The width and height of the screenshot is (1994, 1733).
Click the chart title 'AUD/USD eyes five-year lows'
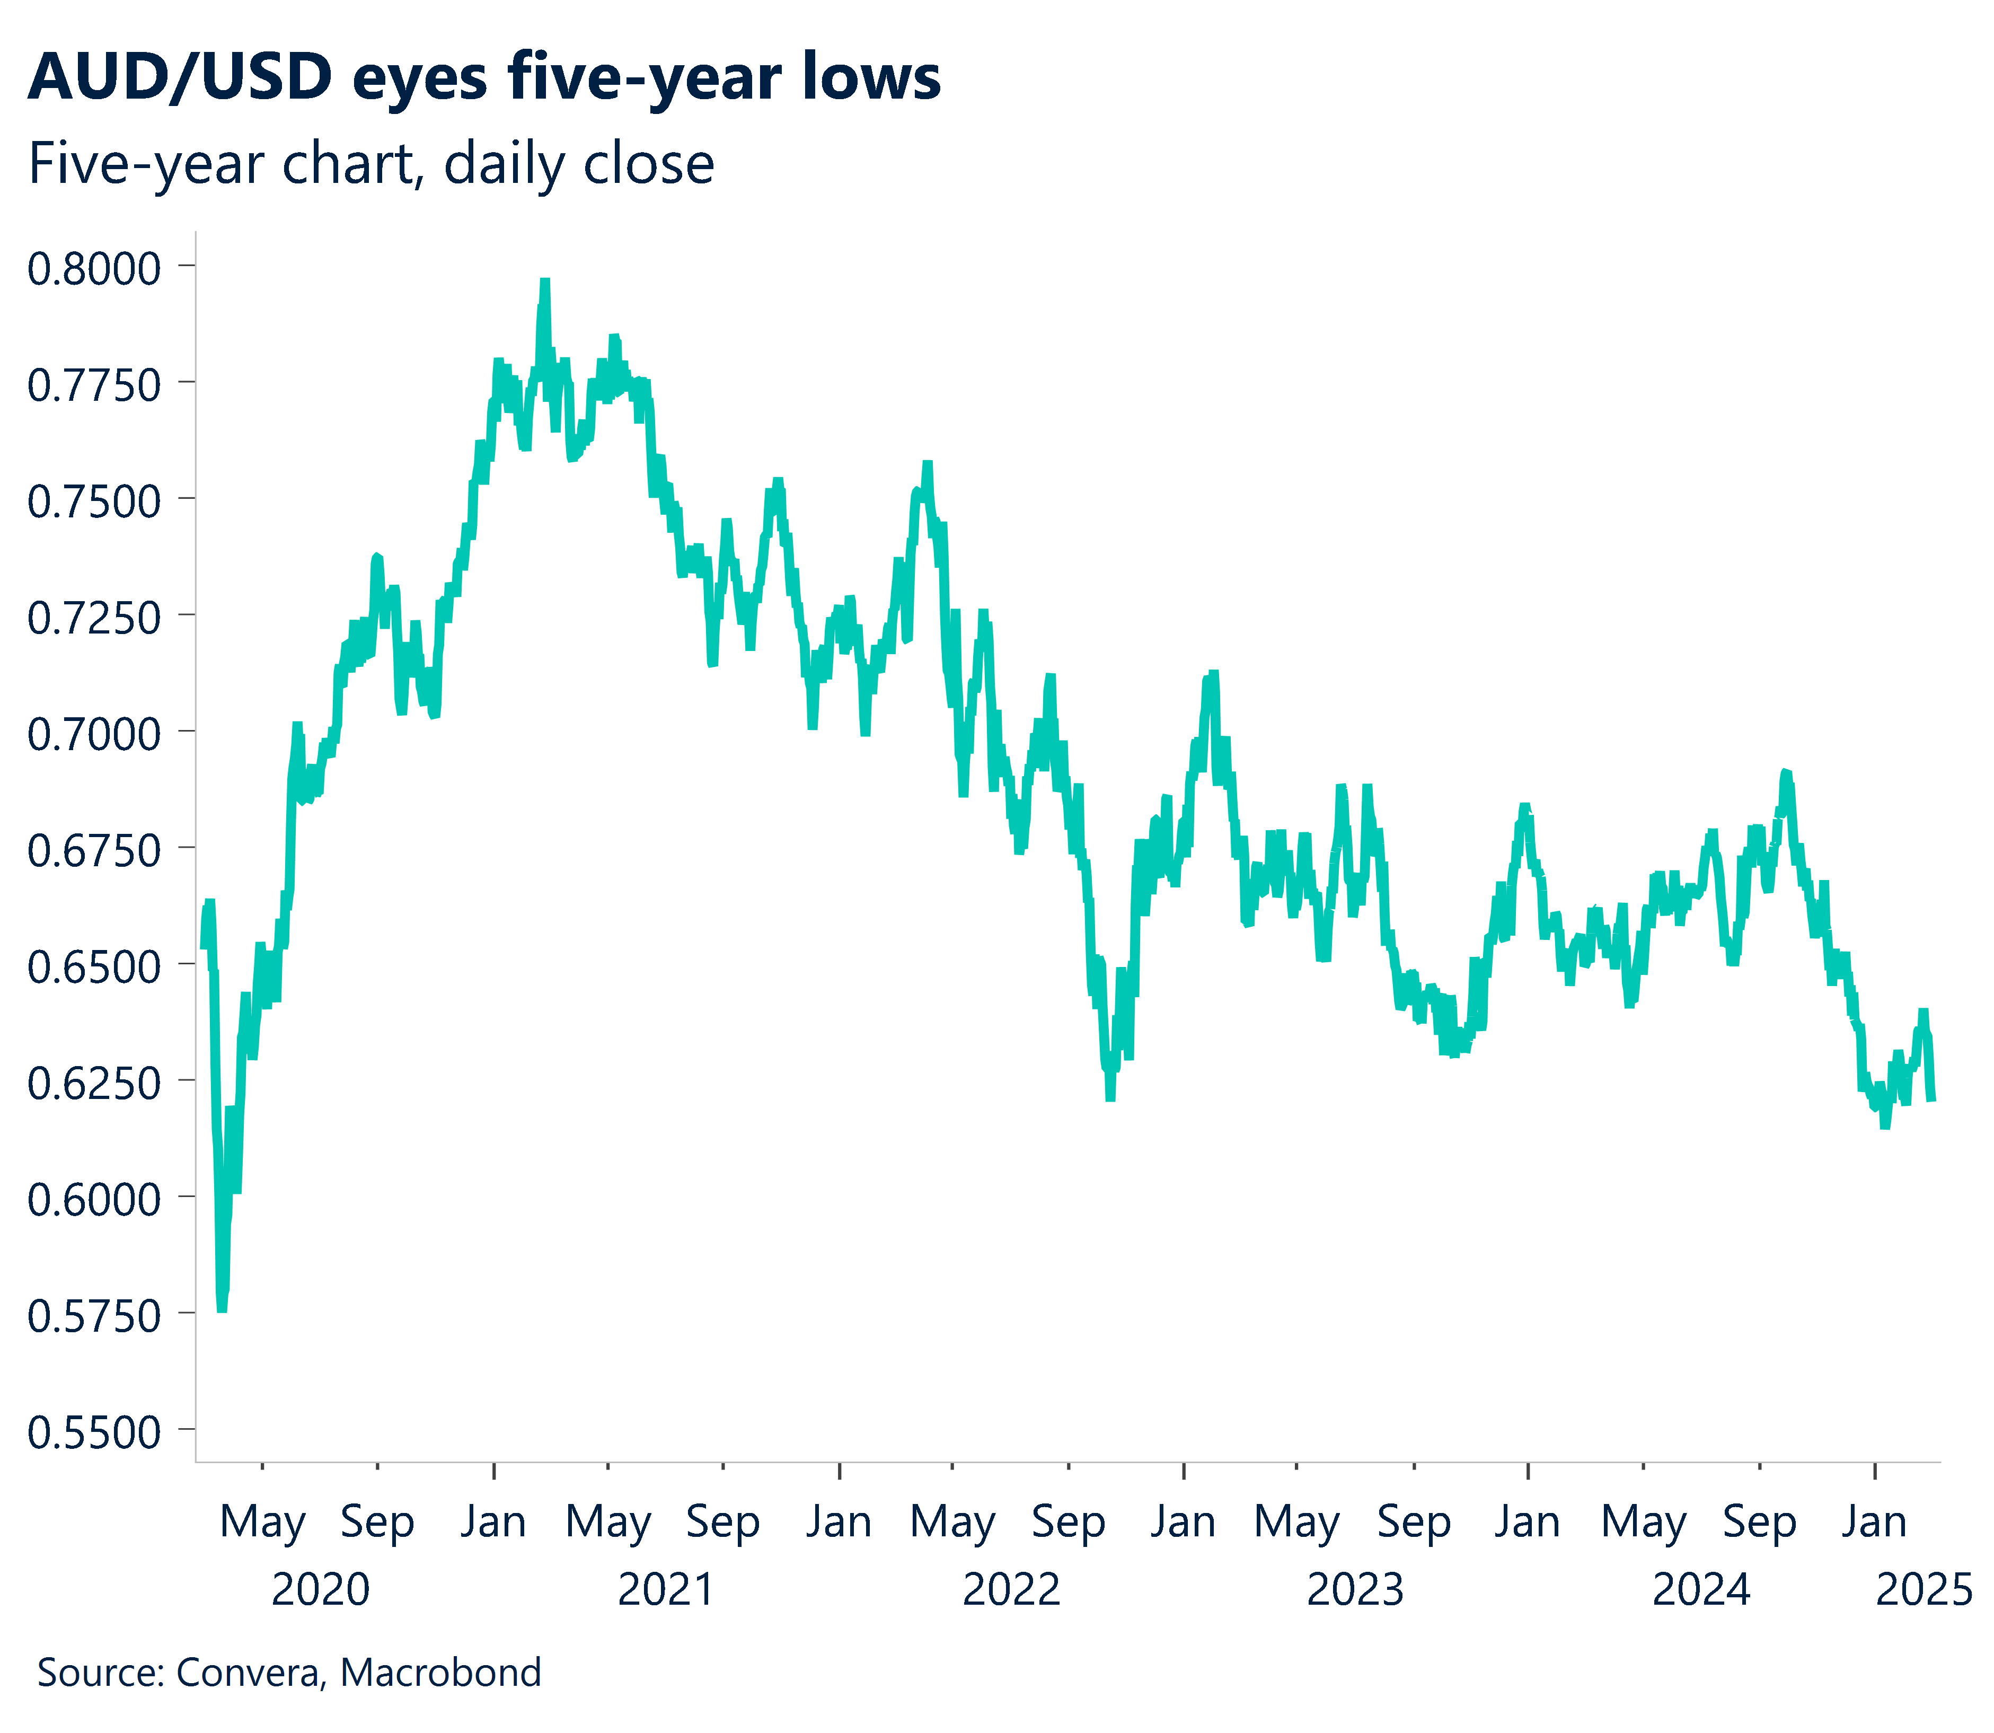(483, 77)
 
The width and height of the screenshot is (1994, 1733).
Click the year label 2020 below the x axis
(320, 1589)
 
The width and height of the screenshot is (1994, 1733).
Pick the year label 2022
(1011, 1589)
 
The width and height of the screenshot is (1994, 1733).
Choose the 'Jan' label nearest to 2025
(1873, 1521)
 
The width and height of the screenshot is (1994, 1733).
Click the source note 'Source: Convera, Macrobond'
(289, 1672)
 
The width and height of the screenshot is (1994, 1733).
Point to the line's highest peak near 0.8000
(544, 283)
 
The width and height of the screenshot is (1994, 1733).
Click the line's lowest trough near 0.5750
(222, 1307)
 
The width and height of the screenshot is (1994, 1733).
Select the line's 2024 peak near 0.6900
(1786, 773)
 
